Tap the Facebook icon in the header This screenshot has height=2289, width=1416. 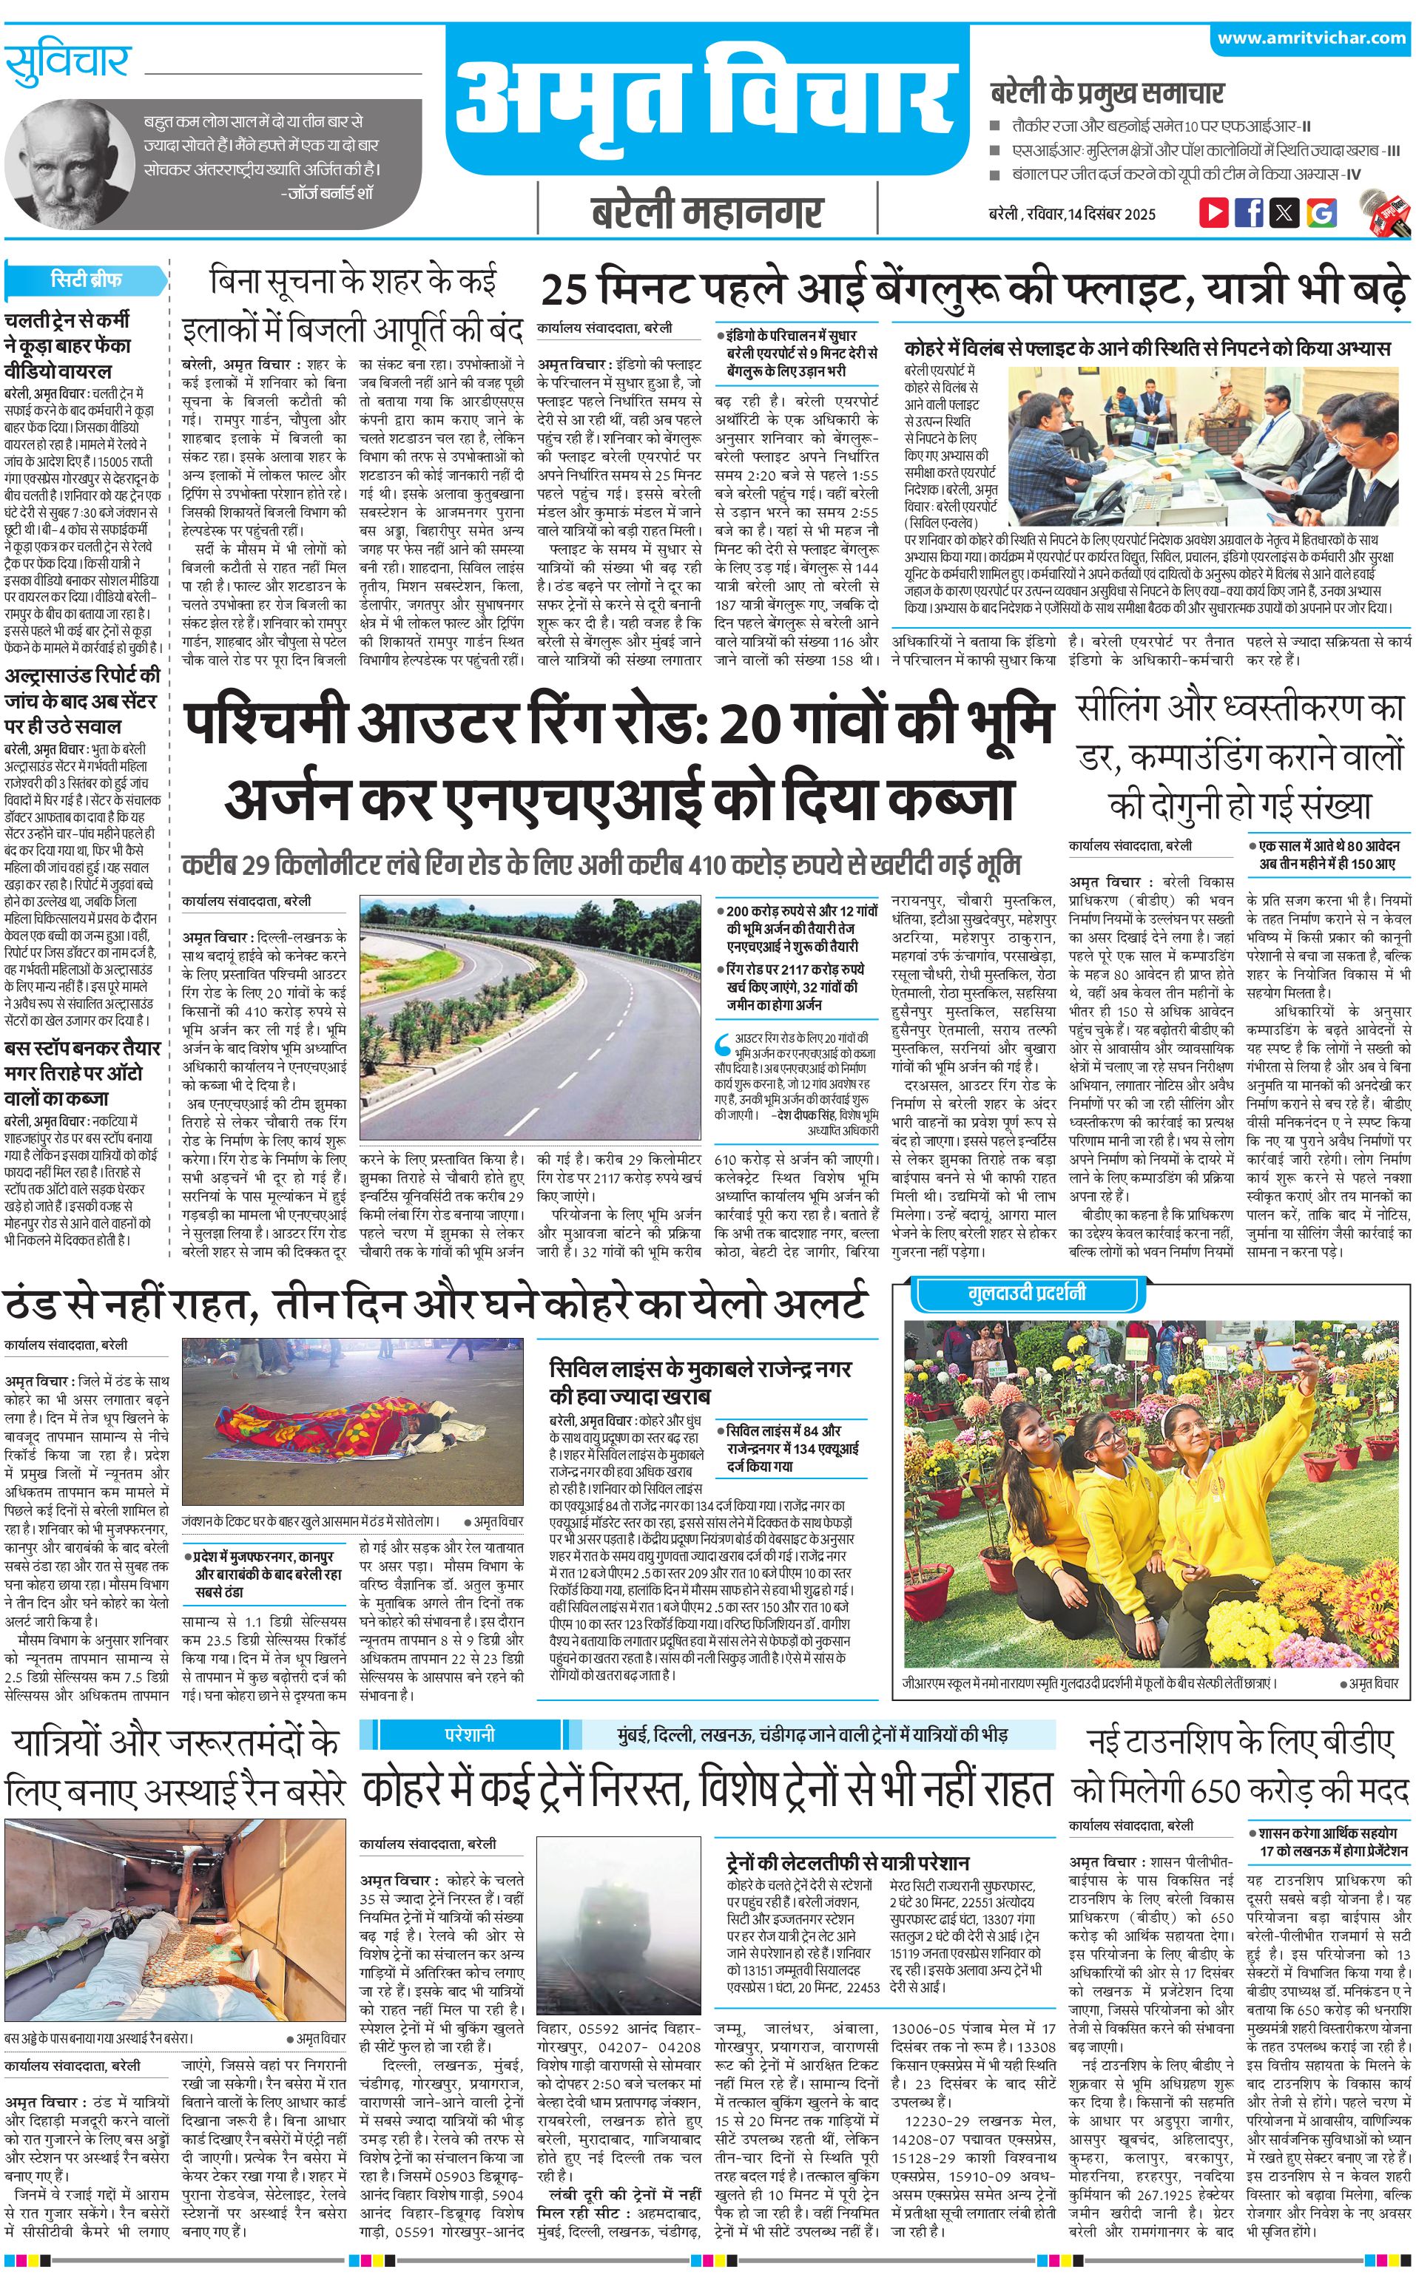pos(1250,212)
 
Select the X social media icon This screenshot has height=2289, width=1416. pos(1285,212)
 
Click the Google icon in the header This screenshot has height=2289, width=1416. pos(1321,212)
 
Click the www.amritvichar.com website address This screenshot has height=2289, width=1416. pos(1311,38)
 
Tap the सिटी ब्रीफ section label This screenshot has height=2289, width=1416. pos(86,280)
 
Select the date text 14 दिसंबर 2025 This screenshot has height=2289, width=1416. pos(1113,214)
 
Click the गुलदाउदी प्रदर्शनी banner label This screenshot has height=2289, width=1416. pos(1026,1294)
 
